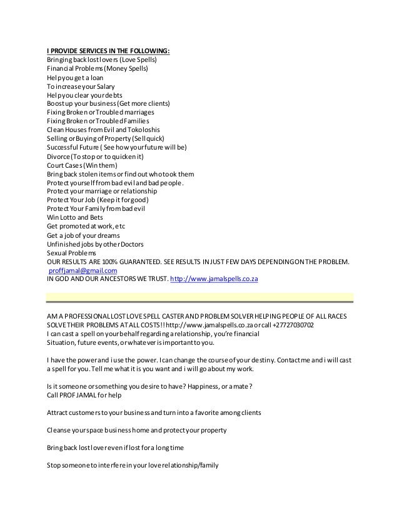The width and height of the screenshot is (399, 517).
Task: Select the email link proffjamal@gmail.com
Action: (x=82, y=270)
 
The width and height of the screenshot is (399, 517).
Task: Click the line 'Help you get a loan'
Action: (x=75, y=78)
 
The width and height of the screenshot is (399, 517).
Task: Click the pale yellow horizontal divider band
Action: (x=200, y=296)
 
